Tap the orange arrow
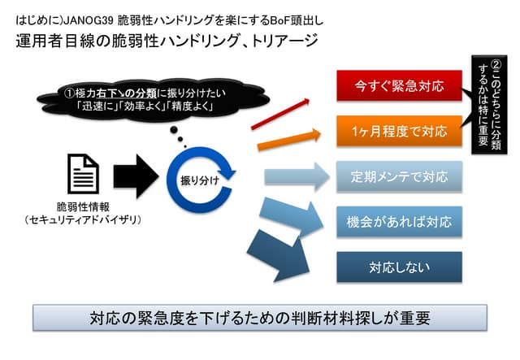pos(284,137)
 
